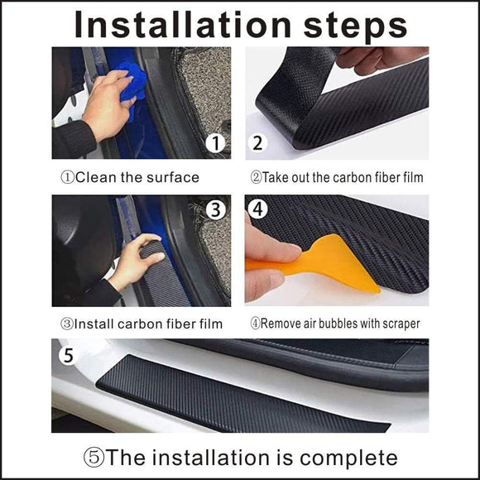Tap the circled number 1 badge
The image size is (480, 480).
216,144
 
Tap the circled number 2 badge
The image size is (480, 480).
258,144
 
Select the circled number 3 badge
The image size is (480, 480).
216,210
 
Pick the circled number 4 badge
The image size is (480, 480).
258,210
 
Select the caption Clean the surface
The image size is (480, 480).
132,177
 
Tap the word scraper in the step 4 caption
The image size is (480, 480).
396,324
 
